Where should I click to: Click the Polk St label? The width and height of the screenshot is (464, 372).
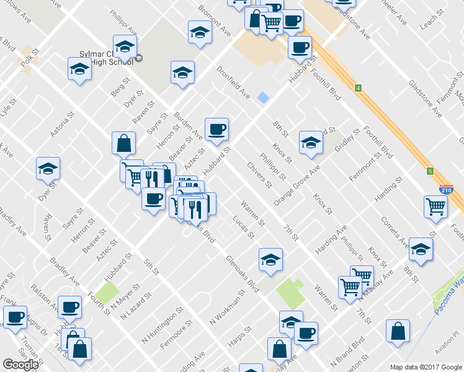coord(29,61)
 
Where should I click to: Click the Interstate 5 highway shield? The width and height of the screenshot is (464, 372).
coord(429,170)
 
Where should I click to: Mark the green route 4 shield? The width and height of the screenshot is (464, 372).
coord(358,88)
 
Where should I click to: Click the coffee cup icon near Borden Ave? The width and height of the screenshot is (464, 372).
coord(216,130)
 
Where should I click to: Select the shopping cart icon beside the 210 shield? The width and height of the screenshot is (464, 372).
coord(436,207)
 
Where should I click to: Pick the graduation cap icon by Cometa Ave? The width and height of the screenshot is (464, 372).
coord(421,249)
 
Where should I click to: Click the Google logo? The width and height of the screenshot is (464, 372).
coord(21,365)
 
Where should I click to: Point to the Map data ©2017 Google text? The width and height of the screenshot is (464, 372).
coord(426,367)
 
